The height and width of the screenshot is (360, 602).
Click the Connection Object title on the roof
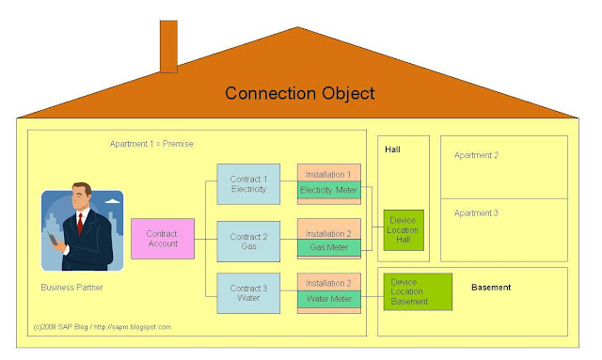point(299,94)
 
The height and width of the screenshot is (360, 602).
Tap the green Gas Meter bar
point(329,247)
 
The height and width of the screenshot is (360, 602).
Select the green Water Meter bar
point(329,300)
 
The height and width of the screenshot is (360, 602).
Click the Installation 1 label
point(329,175)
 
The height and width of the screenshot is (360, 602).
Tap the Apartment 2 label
point(476,154)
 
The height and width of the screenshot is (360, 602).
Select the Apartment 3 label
point(476,213)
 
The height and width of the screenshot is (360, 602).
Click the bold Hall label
point(393,149)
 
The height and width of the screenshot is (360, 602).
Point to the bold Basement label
point(492,287)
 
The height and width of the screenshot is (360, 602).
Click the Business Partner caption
point(71,286)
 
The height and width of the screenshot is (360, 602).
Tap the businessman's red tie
point(82,223)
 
